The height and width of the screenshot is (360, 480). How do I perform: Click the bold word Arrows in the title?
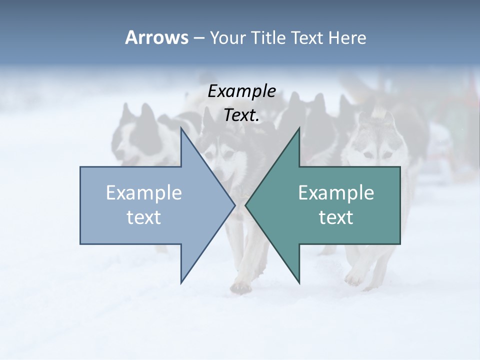157,37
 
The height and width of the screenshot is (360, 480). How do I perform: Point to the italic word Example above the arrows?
242,91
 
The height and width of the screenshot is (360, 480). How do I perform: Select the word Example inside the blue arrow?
144,193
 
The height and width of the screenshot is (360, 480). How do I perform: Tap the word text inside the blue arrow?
144,217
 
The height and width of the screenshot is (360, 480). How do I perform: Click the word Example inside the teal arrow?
336,193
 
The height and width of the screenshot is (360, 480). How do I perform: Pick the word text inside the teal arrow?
336,217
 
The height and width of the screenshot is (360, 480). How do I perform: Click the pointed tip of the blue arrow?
234,205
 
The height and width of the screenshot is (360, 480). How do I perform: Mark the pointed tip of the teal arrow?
245,205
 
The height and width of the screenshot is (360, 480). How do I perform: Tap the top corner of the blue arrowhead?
181,128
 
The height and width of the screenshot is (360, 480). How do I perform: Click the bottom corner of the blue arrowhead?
181,283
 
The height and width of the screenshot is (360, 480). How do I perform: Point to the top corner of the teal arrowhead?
299,128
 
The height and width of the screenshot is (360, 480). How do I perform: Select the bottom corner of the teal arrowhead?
299,283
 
